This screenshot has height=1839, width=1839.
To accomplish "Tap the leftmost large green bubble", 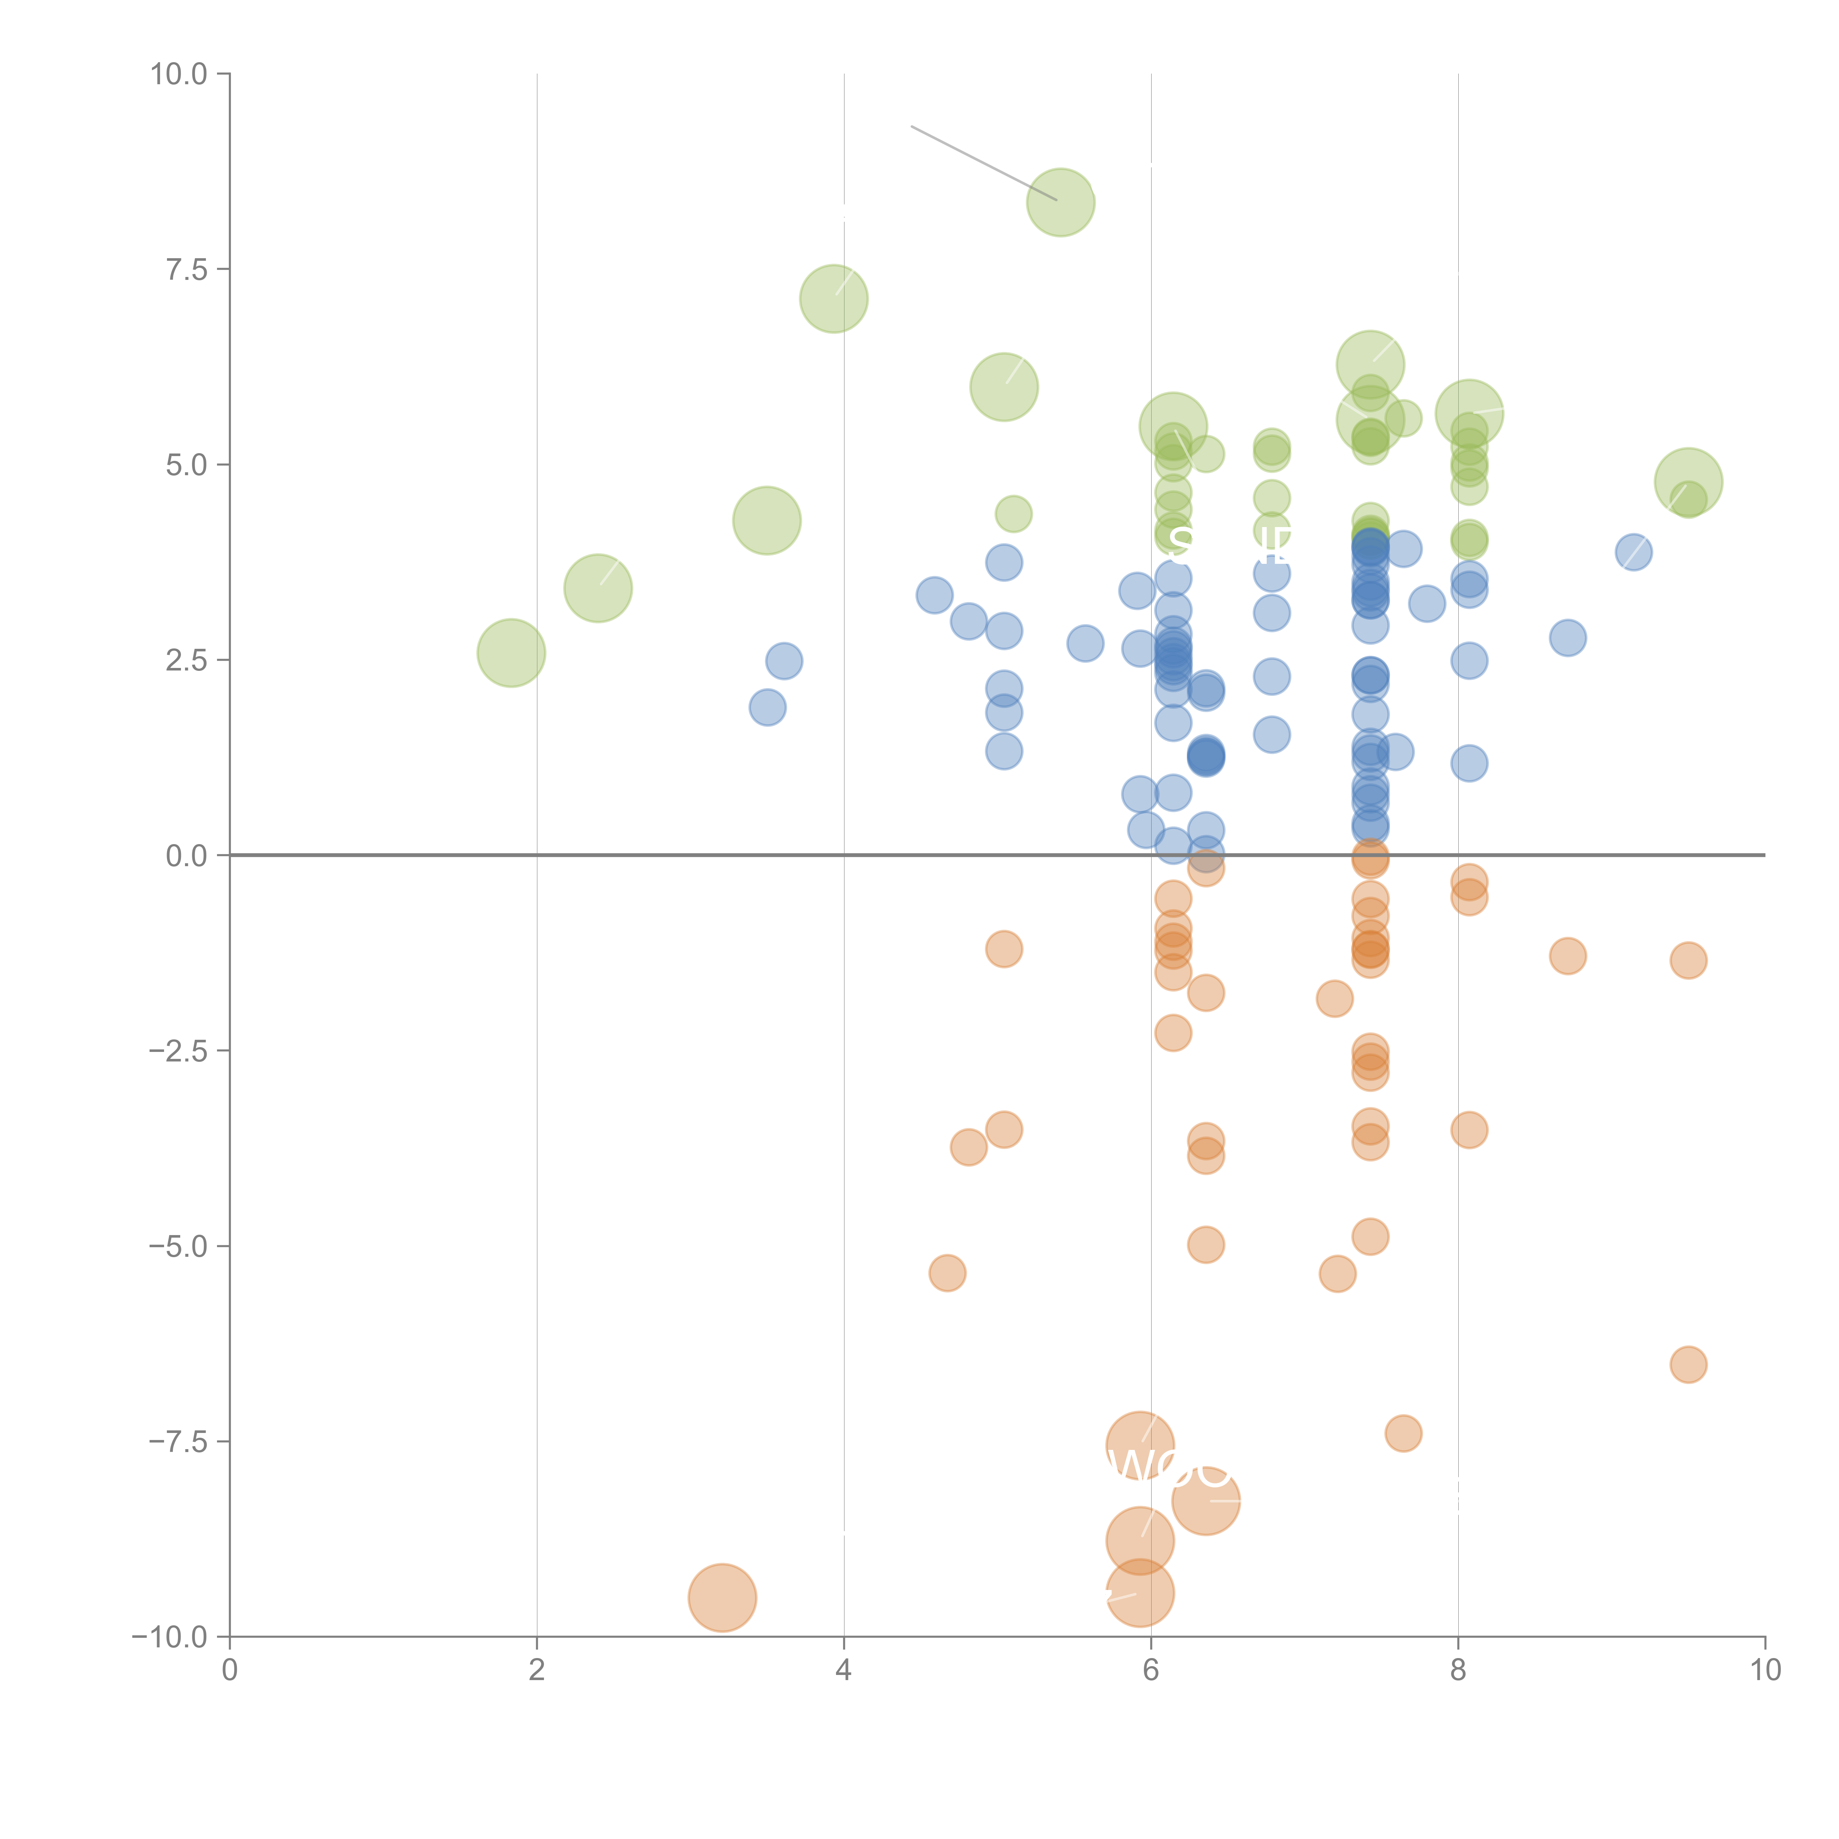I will pos(511,653).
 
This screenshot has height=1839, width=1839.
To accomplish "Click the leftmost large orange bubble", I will pos(722,1597).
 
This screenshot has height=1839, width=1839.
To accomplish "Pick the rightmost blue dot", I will pos(1633,552).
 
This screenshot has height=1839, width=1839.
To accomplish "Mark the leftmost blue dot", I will pos(767,707).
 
